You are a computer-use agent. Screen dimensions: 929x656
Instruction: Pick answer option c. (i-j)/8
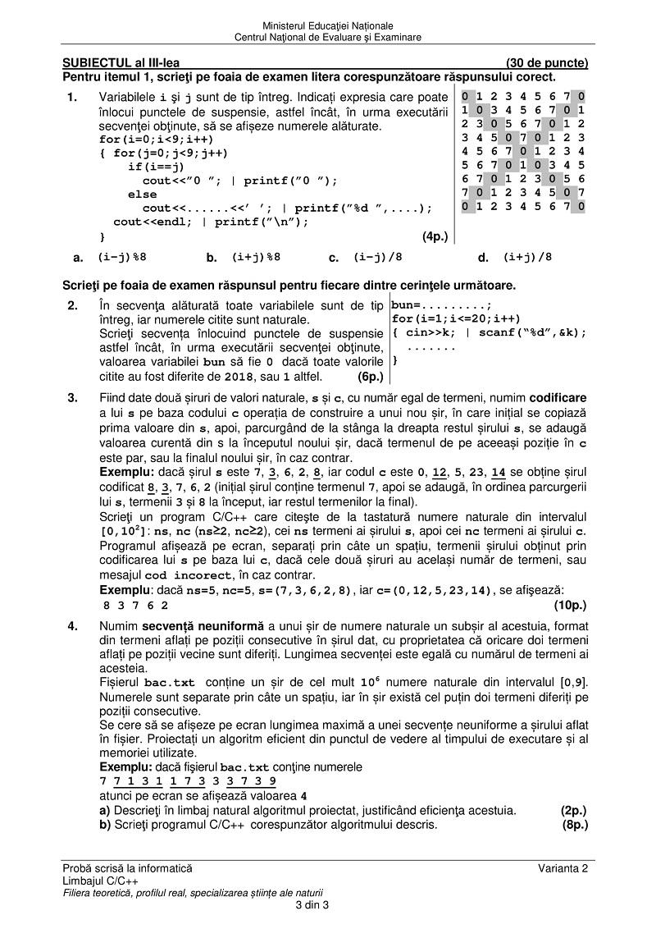coord(377,257)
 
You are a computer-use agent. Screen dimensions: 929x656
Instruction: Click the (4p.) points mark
coord(435,237)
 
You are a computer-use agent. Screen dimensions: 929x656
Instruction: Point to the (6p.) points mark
coord(371,378)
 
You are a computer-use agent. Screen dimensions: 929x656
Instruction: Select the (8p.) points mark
coord(573,825)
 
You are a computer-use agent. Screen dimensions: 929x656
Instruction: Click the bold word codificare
coord(558,398)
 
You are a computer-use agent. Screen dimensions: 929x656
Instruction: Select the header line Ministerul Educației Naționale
coord(328,27)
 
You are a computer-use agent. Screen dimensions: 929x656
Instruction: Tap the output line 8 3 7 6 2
coord(136,606)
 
